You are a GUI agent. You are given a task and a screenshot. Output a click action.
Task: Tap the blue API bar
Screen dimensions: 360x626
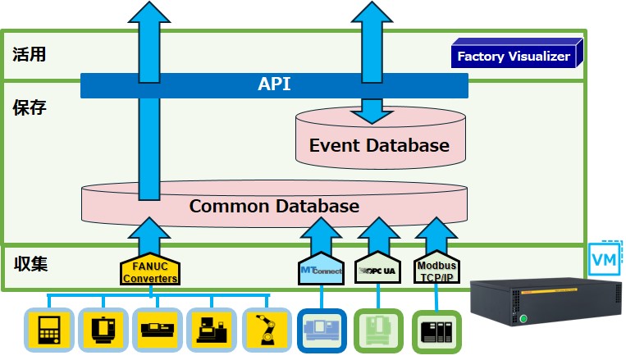click(274, 84)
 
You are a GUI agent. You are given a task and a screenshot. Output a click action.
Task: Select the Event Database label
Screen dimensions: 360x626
click(379, 146)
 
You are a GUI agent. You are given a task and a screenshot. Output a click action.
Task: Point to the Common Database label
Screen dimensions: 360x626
click(274, 206)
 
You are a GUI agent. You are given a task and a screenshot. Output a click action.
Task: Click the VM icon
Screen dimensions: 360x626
click(605, 260)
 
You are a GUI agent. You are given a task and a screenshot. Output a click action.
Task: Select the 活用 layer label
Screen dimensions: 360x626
click(30, 56)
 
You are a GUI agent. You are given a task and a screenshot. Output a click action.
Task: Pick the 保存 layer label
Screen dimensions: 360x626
click(30, 107)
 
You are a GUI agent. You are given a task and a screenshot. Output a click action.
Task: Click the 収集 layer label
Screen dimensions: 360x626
click(31, 264)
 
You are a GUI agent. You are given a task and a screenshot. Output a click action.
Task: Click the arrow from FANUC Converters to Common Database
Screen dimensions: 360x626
click(150, 235)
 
